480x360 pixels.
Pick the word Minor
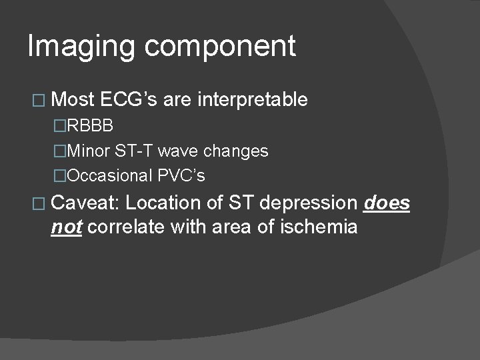tap(89, 151)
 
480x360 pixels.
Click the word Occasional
tap(110, 176)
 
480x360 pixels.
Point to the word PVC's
tap(181, 176)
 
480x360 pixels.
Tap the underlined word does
tap(387, 203)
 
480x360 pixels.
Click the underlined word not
tap(66, 227)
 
